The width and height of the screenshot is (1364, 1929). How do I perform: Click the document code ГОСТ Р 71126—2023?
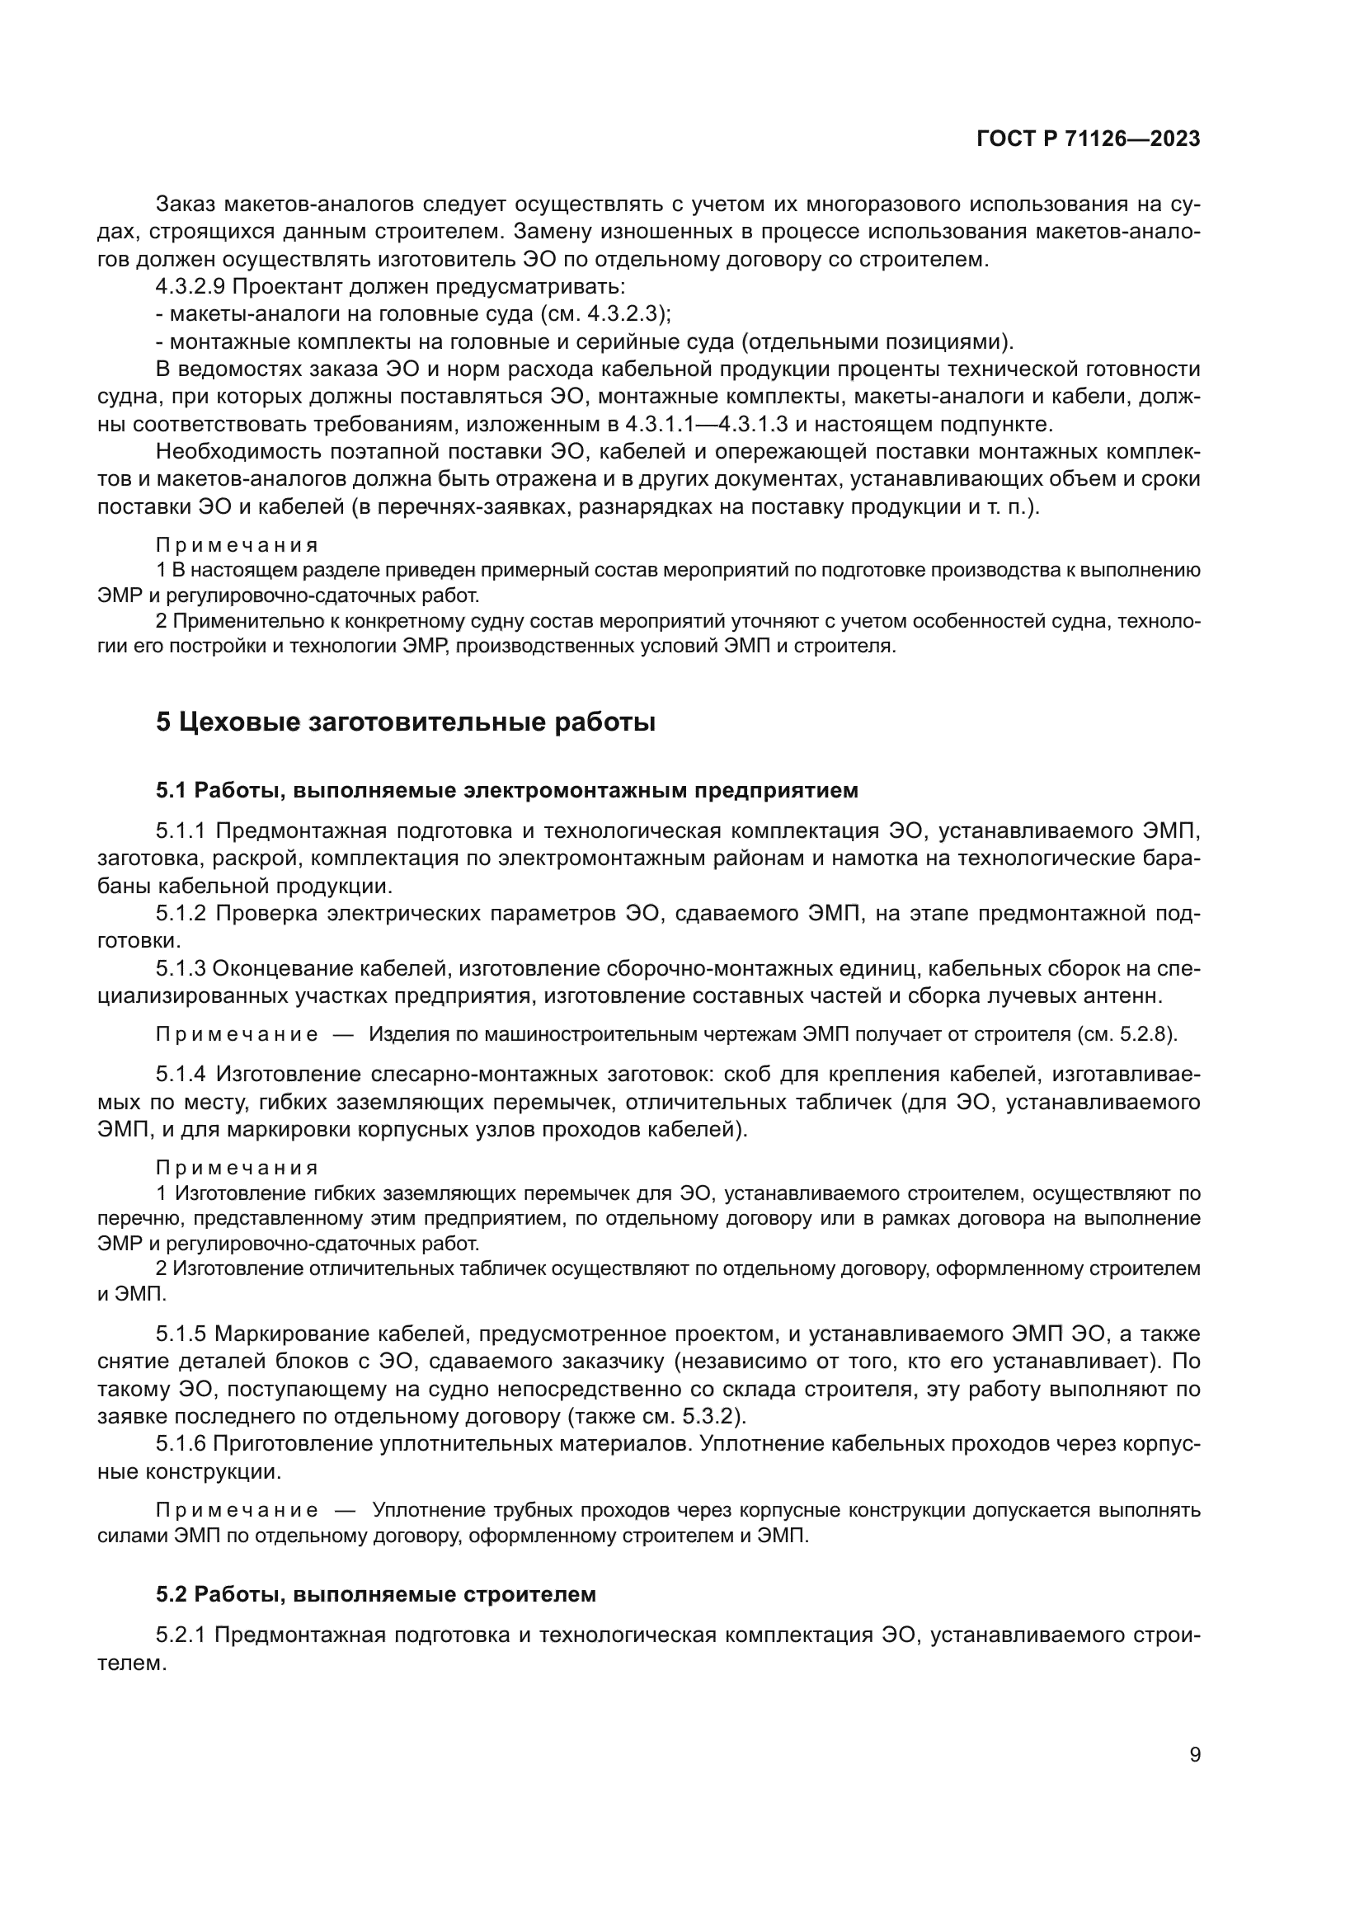tap(1088, 139)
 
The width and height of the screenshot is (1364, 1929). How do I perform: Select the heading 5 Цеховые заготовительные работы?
tap(405, 722)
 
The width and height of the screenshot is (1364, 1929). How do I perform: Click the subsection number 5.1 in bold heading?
tap(172, 791)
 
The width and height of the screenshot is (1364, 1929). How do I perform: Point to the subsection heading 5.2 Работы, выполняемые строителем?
tap(375, 1594)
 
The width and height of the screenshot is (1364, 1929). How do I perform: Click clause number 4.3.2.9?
tap(190, 286)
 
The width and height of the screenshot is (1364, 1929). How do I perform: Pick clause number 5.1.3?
tap(181, 969)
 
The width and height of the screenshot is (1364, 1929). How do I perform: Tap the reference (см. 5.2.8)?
tap(1126, 1034)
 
